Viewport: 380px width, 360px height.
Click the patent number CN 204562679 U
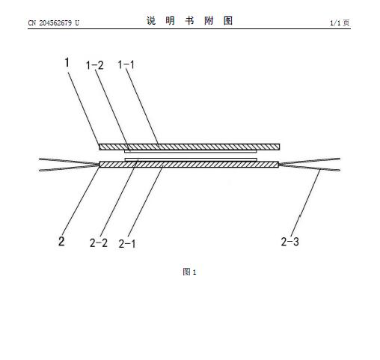click(x=53, y=23)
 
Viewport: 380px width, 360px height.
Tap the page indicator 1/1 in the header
click(x=335, y=23)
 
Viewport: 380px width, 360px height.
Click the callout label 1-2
click(x=94, y=65)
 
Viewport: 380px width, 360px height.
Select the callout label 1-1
click(x=126, y=65)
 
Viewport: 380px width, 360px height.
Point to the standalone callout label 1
click(x=67, y=62)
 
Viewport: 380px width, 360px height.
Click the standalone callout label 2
click(x=61, y=241)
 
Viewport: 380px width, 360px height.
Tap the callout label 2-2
click(x=99, y=242)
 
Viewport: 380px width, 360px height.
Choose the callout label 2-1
click(x=127, y=244)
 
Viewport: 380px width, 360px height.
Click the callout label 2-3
click(x=289, y=242)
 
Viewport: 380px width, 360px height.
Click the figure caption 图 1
click(x=189, y=272)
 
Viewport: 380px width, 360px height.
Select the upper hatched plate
click(x=189, y=147)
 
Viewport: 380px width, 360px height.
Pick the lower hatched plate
click(x=189, y=165)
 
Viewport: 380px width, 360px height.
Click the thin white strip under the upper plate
click(x=191, y=151)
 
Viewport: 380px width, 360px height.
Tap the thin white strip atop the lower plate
click(x=191, y=159)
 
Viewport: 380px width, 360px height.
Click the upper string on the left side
click(x=69, y=162)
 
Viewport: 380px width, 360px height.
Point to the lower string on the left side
click(x=69, y=168)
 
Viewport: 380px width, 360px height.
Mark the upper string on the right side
click(x=310, y=161)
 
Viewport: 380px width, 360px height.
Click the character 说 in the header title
click(x=151, y=21)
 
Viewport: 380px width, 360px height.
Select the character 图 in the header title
click(x=228, y=21)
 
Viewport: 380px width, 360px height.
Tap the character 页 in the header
click(x=346, y=23)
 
